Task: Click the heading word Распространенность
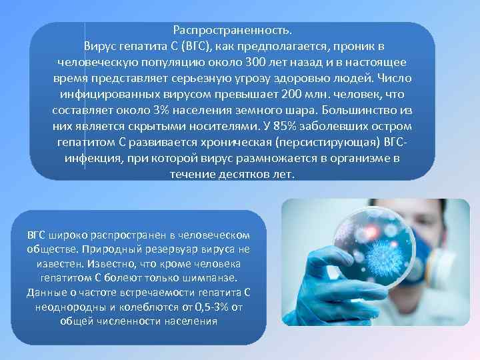(232, 31)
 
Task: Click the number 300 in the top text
(239, 62)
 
